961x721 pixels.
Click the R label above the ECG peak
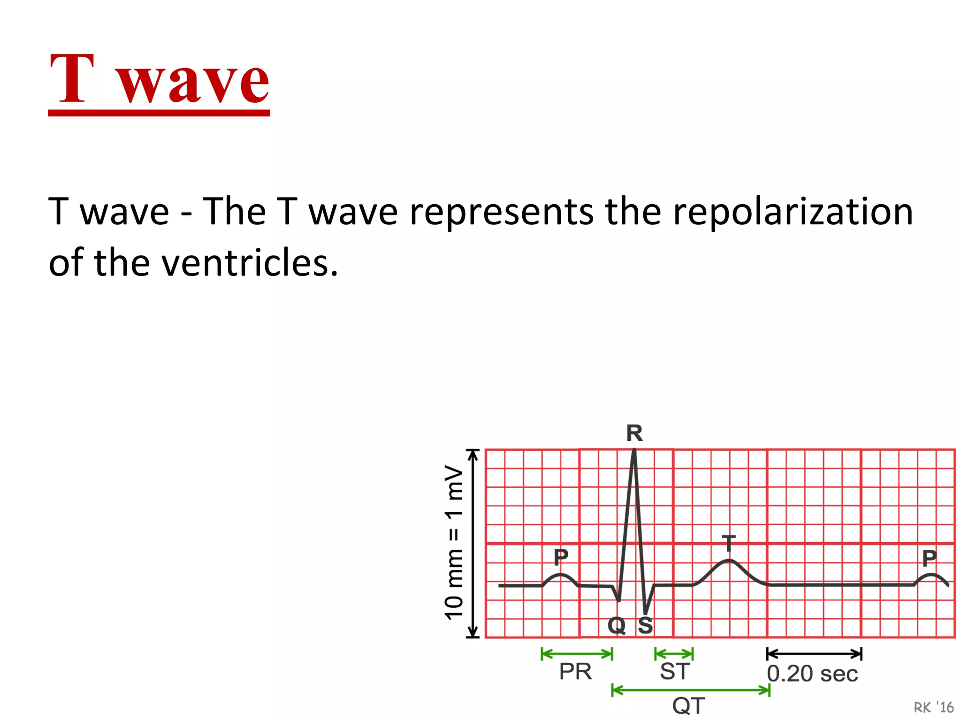point(634,433)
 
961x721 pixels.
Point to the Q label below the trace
point(617,625)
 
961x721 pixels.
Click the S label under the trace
point(646,625)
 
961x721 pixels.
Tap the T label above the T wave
point(728,544)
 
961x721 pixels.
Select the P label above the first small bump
point(561,557)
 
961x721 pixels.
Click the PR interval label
point(575,672)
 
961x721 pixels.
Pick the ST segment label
point(674,672)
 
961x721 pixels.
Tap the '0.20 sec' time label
point(812,674)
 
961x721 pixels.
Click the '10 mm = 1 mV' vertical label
point(454,543)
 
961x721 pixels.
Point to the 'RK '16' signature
point(933,707)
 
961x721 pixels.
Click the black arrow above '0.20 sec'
point(814,653)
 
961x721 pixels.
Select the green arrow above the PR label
point(577,653)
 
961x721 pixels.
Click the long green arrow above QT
point(691,690)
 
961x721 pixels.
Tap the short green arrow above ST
point(674,653)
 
